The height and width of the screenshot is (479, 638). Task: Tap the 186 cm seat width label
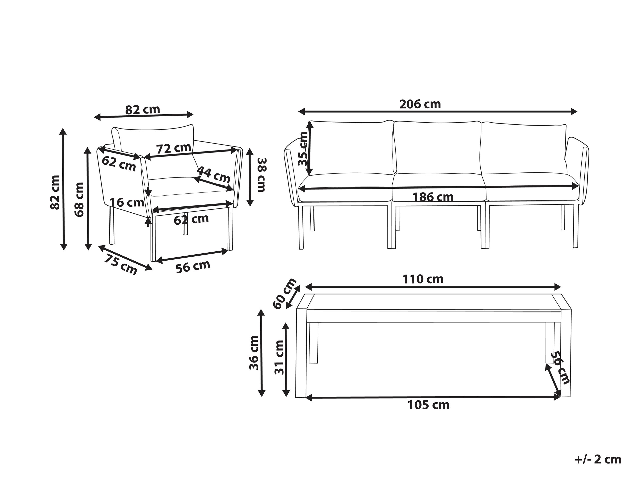(433, 197)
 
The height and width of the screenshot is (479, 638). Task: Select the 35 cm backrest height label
(303, 149)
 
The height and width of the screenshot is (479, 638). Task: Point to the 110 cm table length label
(423, 279)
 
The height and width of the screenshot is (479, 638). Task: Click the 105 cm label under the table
(428, 405)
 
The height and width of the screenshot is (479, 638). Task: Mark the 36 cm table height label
(254, 353)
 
